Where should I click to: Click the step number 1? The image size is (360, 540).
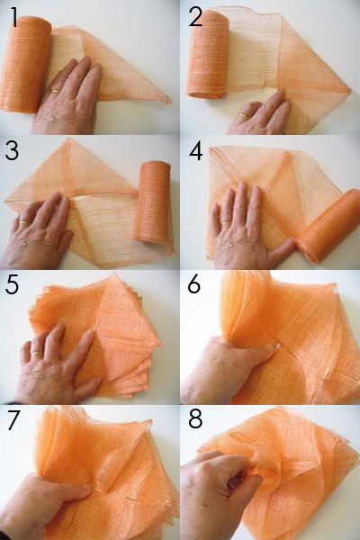[x=13, y=17]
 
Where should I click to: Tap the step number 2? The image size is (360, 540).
[x=195, y=17]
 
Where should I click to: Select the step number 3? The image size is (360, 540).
[x=12, y=150]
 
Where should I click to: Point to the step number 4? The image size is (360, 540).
[x=195, y=150]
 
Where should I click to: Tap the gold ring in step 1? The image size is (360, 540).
[x=56, y=91]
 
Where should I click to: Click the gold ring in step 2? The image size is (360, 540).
[x=243, y=114]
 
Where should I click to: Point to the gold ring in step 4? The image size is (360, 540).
[x=226, y=223]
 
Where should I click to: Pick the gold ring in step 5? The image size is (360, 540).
[x=37, y=354]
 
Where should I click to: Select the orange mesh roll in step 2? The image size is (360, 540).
[x=208, y=54]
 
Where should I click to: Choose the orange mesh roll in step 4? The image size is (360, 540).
[x=328, y=226]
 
